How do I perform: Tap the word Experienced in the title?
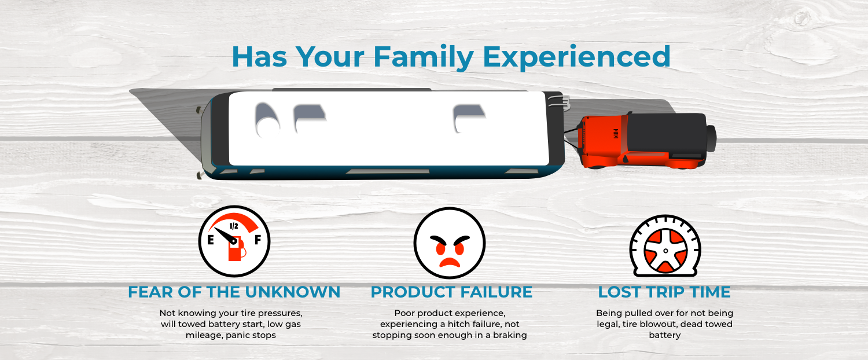tap(577, 57)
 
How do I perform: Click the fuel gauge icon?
tap(234, 241)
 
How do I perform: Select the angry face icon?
tap(450, 243)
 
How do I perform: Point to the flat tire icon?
tap(665, 247)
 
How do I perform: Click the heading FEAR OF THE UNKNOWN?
tap(234, 292)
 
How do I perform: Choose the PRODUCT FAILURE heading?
tap(451, 292)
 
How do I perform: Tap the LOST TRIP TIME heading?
tap(664, 292)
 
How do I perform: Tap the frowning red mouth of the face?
tap(450, 261)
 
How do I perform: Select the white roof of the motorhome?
tap(388, 128)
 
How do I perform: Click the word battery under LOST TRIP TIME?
tap(664, 335)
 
